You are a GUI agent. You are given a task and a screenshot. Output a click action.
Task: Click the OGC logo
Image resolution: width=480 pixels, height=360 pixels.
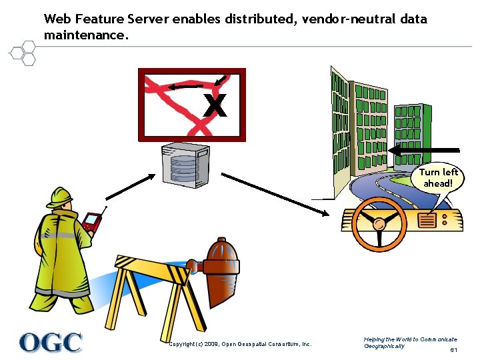51,342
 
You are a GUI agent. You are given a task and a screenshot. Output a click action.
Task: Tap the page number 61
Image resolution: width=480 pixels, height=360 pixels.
453,350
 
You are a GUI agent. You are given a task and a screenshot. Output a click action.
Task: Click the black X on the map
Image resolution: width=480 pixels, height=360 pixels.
215,105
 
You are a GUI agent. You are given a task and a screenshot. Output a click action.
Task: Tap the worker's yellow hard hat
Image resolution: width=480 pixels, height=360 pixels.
60,196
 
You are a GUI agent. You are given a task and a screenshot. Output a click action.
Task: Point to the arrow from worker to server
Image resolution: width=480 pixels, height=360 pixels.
131,187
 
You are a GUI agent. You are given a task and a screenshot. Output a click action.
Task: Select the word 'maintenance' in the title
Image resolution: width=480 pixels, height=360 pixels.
83,34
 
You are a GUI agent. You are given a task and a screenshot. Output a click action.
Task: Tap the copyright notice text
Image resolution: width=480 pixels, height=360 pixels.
240,344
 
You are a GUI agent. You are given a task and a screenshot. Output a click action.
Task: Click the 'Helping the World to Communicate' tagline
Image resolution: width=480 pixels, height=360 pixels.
411,340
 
